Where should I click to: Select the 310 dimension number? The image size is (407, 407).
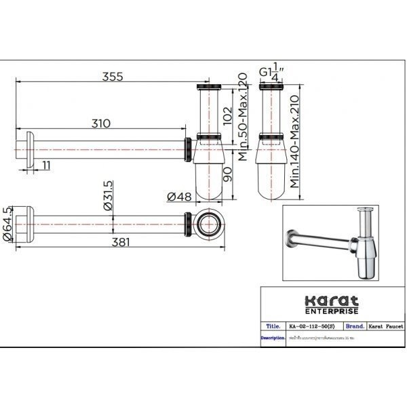99,123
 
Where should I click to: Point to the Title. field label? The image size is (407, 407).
271,326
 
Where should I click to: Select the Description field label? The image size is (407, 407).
272,338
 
